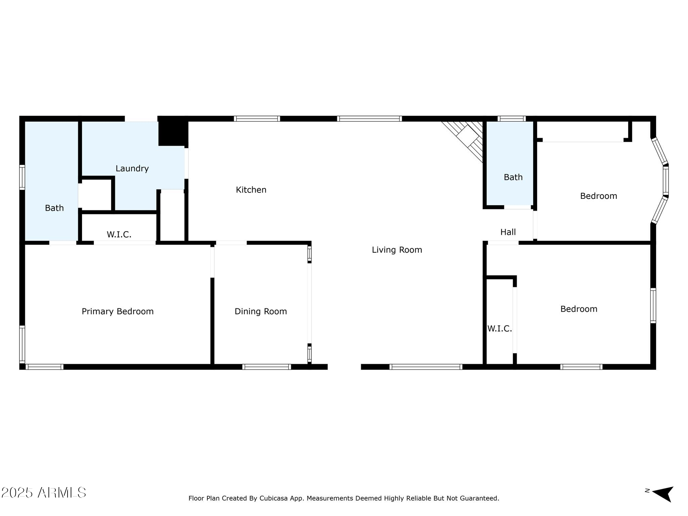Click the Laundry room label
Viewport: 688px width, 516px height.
132,168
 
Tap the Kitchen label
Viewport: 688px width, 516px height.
251,190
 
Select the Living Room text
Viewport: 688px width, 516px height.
397,250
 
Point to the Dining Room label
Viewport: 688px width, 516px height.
261,311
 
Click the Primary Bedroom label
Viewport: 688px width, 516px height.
118,311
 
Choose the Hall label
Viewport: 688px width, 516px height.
508,232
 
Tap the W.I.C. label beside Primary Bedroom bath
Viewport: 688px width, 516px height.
119,234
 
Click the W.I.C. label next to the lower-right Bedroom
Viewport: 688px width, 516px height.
500,329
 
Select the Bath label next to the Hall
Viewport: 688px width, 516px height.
513,177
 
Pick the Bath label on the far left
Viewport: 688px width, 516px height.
54,208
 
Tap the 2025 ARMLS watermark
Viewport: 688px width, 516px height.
44,493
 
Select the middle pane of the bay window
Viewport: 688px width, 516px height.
665,181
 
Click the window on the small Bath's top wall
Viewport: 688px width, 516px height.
511,119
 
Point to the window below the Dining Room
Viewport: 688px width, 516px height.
266,367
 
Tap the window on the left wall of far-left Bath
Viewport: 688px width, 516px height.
22,177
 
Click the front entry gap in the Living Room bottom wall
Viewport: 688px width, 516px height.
344,367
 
